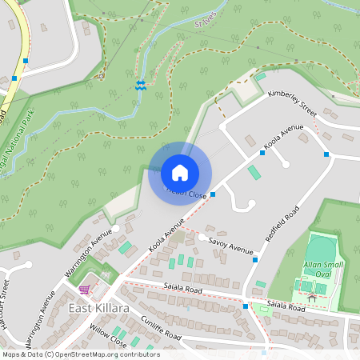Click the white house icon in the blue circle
[x=180, y=173]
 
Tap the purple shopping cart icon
[x=85, y=289]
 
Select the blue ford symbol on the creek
[x=140, y=86]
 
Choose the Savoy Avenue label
[x=230, y=245]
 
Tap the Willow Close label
[x=109, y=336]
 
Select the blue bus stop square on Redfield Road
[x=254, y=260]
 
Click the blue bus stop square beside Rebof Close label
[x=213, y=194]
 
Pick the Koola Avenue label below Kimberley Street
[x=285, y=137]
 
